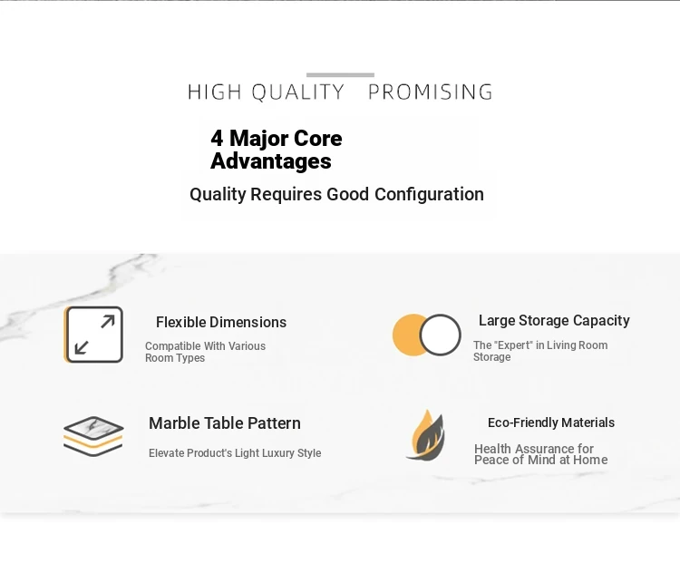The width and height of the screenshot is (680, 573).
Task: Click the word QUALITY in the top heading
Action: click(298, 92)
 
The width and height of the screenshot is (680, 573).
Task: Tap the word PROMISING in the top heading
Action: click(431, 92)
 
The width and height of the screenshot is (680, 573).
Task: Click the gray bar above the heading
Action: click(340, 75)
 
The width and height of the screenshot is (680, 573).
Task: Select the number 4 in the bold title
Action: click(217, 139)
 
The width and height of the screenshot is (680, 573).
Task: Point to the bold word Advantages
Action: click(271, 160)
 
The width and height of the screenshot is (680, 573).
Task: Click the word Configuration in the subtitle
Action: click(430, 194)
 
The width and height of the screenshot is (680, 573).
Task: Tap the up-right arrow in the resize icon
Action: click(108, 322)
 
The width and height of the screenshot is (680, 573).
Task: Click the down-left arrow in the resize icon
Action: click(82, 347)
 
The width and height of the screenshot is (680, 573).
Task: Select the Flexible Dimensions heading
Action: click(221, 322)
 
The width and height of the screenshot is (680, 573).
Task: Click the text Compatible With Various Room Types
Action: click(205, 352)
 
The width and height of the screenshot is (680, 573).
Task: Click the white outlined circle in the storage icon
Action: click(440, 335)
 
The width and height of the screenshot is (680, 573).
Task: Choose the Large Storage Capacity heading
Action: click(554, 321)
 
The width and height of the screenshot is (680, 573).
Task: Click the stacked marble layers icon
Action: click(93, 436)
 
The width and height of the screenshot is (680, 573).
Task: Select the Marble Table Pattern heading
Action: click(225, 423)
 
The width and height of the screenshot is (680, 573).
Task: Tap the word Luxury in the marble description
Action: click(278, 453)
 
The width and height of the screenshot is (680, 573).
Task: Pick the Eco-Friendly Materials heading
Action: click(551, 422)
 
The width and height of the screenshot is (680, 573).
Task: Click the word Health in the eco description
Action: click(492, 449)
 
